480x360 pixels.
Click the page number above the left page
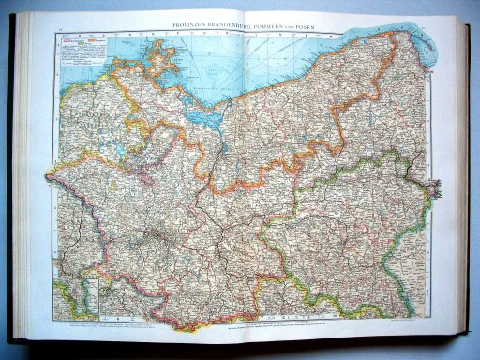tap(62, 31)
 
